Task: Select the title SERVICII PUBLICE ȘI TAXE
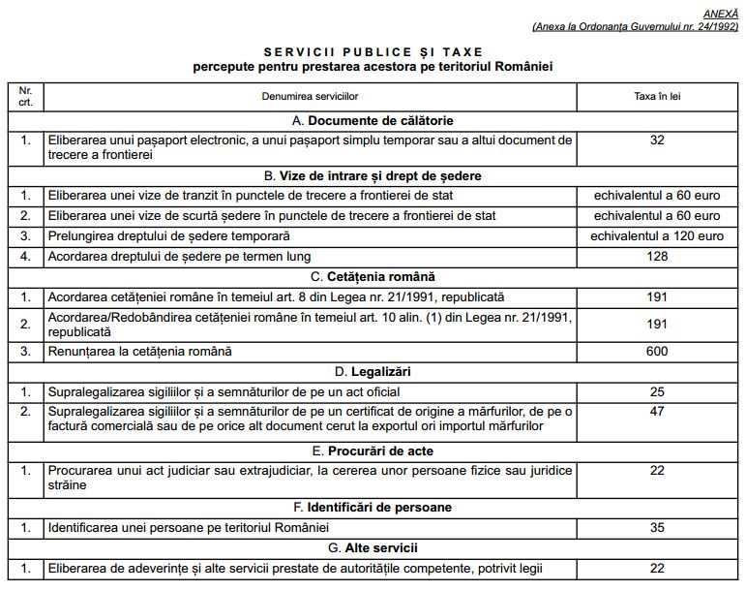[373, 51]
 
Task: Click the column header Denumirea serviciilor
[310, 98]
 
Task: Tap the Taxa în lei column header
[657, 98]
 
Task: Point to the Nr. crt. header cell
[25, 97]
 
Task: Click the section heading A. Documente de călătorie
[373, 121]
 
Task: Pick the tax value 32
[657, 140]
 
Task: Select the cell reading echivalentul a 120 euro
[657, 235]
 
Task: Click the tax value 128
[657, 255]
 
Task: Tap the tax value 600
[657, 351]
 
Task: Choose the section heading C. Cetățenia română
[373, 276]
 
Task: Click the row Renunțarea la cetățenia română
[140, 351]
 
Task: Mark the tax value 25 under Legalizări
[657, 392]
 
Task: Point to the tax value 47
[657, 411]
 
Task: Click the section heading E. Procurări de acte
[373, 451]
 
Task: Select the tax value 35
[657, 528]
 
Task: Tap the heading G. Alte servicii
[373, 548]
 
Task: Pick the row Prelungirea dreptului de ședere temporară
[169, 235]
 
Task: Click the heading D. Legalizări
[373, 372]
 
